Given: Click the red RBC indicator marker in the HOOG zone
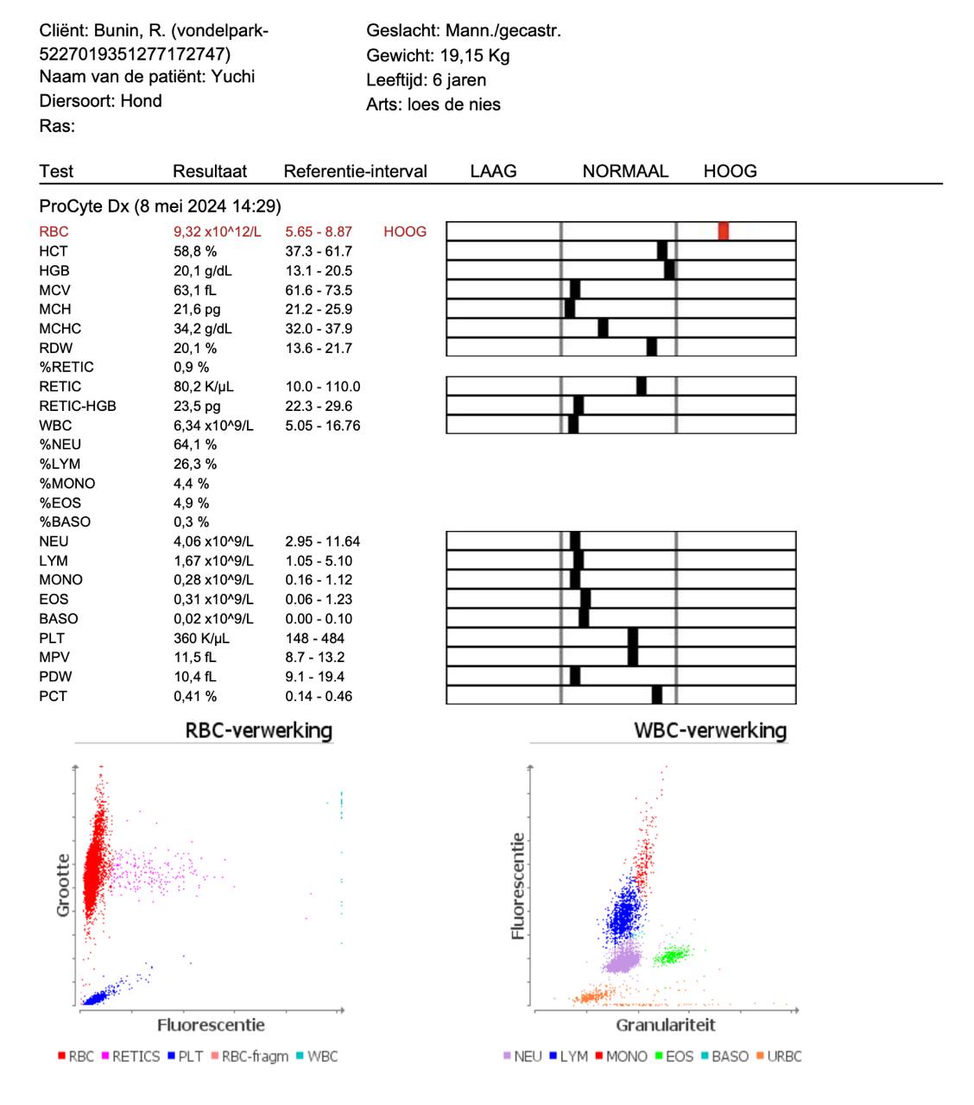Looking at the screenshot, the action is coord(723,230).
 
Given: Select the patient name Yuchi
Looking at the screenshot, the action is coord(232,76).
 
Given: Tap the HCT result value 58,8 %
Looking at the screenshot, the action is coord(195,251).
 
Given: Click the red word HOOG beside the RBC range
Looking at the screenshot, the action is coord(405,231).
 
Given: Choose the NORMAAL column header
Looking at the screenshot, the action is coord(625,171).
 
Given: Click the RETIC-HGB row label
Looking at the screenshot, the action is coord(78,406).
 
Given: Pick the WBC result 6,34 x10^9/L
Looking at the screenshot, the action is coord(213,426).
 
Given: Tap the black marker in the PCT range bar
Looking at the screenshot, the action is coord(656,695).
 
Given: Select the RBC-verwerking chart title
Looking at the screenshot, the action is coord(259,729).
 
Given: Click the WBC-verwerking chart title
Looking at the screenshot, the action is coord(710,729).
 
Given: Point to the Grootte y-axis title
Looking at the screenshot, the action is coord(63,885).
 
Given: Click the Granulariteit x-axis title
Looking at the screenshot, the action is coord(665,1025).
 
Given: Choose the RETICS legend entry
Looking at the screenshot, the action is coord(131,1057).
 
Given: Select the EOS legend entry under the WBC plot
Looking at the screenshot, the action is coord(674,1057).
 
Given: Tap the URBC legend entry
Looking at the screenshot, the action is coord(779,1057).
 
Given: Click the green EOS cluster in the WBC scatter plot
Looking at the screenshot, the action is coord(671,956).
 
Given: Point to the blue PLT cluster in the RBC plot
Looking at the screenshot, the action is coord(97,998).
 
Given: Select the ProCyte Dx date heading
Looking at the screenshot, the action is coord(160,206).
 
